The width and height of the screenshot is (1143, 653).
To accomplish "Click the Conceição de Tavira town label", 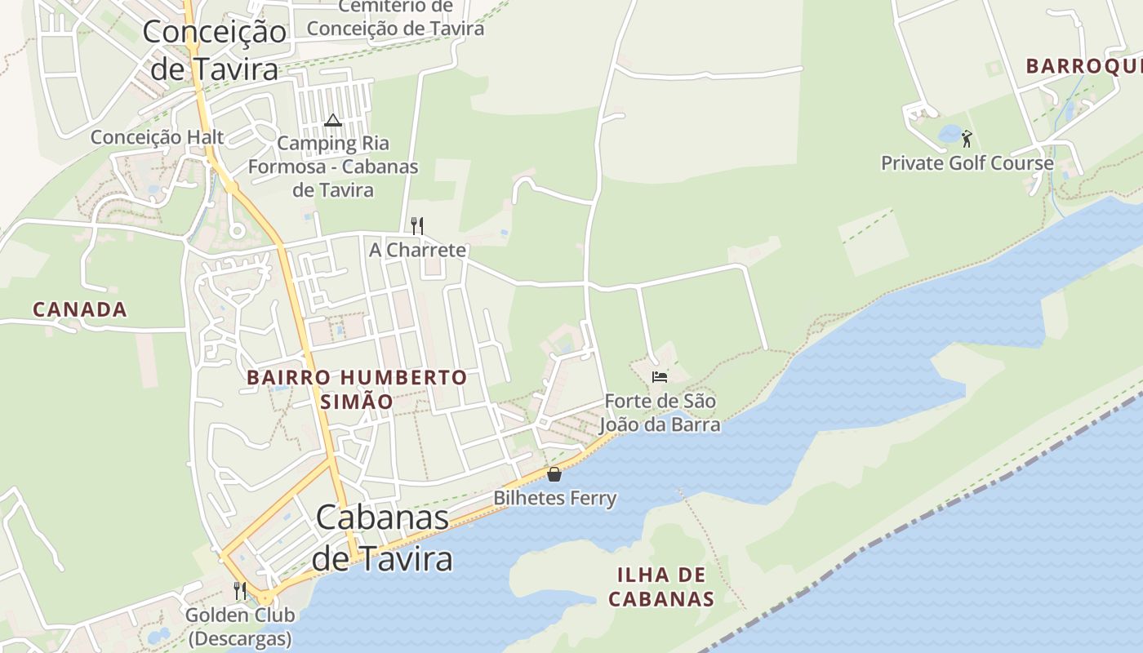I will click(x=215, y=51).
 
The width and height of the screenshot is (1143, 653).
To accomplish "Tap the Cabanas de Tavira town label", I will click(x=382, y=538).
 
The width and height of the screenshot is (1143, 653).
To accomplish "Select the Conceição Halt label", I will click(x=157, y=136).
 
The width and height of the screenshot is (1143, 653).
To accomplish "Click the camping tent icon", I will click(x=332, y=121).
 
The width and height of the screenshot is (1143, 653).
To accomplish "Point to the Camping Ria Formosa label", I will click(x=333, y=167).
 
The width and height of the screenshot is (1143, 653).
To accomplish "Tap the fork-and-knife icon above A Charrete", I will click(x=417, y=225).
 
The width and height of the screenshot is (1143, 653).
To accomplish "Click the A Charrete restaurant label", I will click(x=417, y=250).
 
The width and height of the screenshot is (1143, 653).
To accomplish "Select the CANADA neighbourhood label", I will click(x=80, y=309).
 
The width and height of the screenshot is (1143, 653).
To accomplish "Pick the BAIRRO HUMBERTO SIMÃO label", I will click(x=357, y=389).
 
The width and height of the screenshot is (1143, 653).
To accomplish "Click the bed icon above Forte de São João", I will click(x=660, y=376).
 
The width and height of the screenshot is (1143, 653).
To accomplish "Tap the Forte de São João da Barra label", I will click(x=660, y=413).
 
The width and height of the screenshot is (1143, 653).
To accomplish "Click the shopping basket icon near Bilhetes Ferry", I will click(x=554, y=473).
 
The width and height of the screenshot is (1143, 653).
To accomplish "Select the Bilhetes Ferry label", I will click(x=554, y=498).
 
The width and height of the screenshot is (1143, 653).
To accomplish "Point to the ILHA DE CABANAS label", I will click(x=661, y=587).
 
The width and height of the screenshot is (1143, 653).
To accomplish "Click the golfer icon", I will click(x=967, y=139).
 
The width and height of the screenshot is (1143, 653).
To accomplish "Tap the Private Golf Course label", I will click(x=967, y=163).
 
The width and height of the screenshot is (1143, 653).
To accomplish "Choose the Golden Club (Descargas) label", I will click(x=240, y=626).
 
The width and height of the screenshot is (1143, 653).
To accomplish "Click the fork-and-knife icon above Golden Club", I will click(x=240, y=590).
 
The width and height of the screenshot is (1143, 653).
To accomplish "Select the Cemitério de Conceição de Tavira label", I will click(x=395, y=18).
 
